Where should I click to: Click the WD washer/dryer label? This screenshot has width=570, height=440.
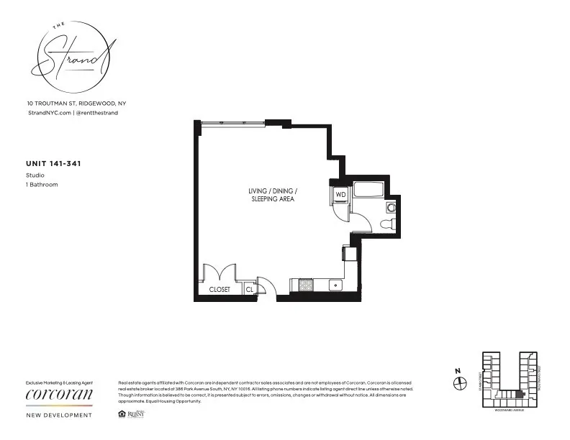click(340, 195)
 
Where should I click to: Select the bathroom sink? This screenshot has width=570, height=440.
click(391, 208)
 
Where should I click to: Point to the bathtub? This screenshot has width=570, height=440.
click(367, 191)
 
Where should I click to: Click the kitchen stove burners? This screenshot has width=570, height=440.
click(305, 285)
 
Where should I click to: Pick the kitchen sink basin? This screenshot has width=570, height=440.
click(335, 285)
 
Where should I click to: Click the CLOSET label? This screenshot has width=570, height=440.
click(220, 289)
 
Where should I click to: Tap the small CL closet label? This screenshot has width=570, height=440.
click(249, 289)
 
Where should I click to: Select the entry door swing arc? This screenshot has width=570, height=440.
click(263, 286)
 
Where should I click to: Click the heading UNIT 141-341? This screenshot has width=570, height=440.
click(53, 164)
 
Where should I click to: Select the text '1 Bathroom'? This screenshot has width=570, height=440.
click(42, 185)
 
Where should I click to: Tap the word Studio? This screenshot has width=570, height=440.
click(35, 175)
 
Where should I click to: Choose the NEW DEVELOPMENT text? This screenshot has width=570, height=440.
click(58, 415)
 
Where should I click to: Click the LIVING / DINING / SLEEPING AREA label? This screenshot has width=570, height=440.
click(273, 194)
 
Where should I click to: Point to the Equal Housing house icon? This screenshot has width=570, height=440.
click(120, 414)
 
